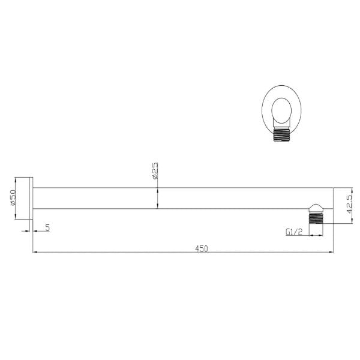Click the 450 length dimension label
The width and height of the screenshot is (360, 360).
(202, 248)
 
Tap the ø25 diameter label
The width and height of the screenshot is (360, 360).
(155, 170)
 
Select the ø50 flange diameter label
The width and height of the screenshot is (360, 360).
(13, 197)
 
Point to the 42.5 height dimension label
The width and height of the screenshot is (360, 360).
(350, 204)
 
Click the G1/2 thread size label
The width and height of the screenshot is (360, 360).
(294, 232)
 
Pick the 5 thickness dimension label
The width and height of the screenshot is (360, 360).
(47, 227)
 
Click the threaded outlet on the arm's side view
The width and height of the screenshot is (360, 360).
(316, 218)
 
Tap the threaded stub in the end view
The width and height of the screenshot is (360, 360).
(281, 135)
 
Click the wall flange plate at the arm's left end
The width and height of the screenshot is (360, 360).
(31, 198)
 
